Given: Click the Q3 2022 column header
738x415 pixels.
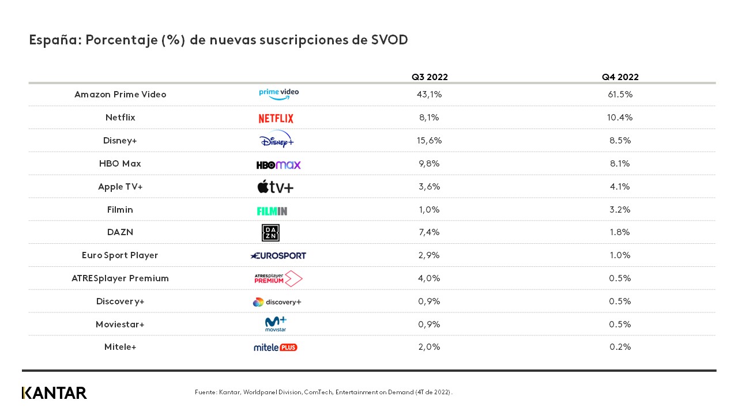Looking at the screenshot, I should pyautogui.click(x=430, y=77).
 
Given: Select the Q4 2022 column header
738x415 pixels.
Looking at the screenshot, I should pyautogui.click(x=620, y=77).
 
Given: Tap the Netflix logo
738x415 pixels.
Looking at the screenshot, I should pyautogui.click(x=276, y=118).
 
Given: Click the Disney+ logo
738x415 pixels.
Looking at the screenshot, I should pyautogui.click(x=277, y=139).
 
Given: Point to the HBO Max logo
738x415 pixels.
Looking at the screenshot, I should pyautogui.click(x=278, y=165).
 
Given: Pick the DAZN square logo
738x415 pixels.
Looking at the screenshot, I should pyautogui.click(x=270, y=232).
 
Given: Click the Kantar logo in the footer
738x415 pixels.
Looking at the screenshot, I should pyautogui.click(x=54, y=393).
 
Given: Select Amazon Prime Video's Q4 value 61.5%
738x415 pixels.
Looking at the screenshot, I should pyautogui.click(x=620, y=95).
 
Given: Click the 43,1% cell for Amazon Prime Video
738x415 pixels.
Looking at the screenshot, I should pyautogui.click(x=429, y=95).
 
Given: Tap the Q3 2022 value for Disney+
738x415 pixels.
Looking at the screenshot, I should pyautogui.click(x=429, y=141).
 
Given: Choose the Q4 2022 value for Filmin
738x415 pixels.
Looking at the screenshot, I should pyautogui.click(x=620, y=210).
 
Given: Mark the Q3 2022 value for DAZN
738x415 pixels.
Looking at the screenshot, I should pyautogui.click(x=429, y=232).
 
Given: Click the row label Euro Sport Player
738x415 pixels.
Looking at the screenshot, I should pyautogui.click(x=120, y=255).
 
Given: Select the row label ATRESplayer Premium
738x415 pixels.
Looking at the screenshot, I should pyautogui.click(x=120, y=278).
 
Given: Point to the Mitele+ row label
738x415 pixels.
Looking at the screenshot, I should pyautogui.click(x=120, y=347).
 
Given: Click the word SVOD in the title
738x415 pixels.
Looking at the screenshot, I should pyautogui.click(x=390, y=40).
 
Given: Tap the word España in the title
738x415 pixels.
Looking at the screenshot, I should pyautogui.click(x=50, y=40).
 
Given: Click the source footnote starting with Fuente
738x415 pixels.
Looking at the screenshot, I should pyautogui.click(x=323, y=393).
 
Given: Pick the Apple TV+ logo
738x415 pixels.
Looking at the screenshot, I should pyautogui.click(x=275, y=187).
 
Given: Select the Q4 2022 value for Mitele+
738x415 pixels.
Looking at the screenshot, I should pyautogui.click(x=620, y=347).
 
